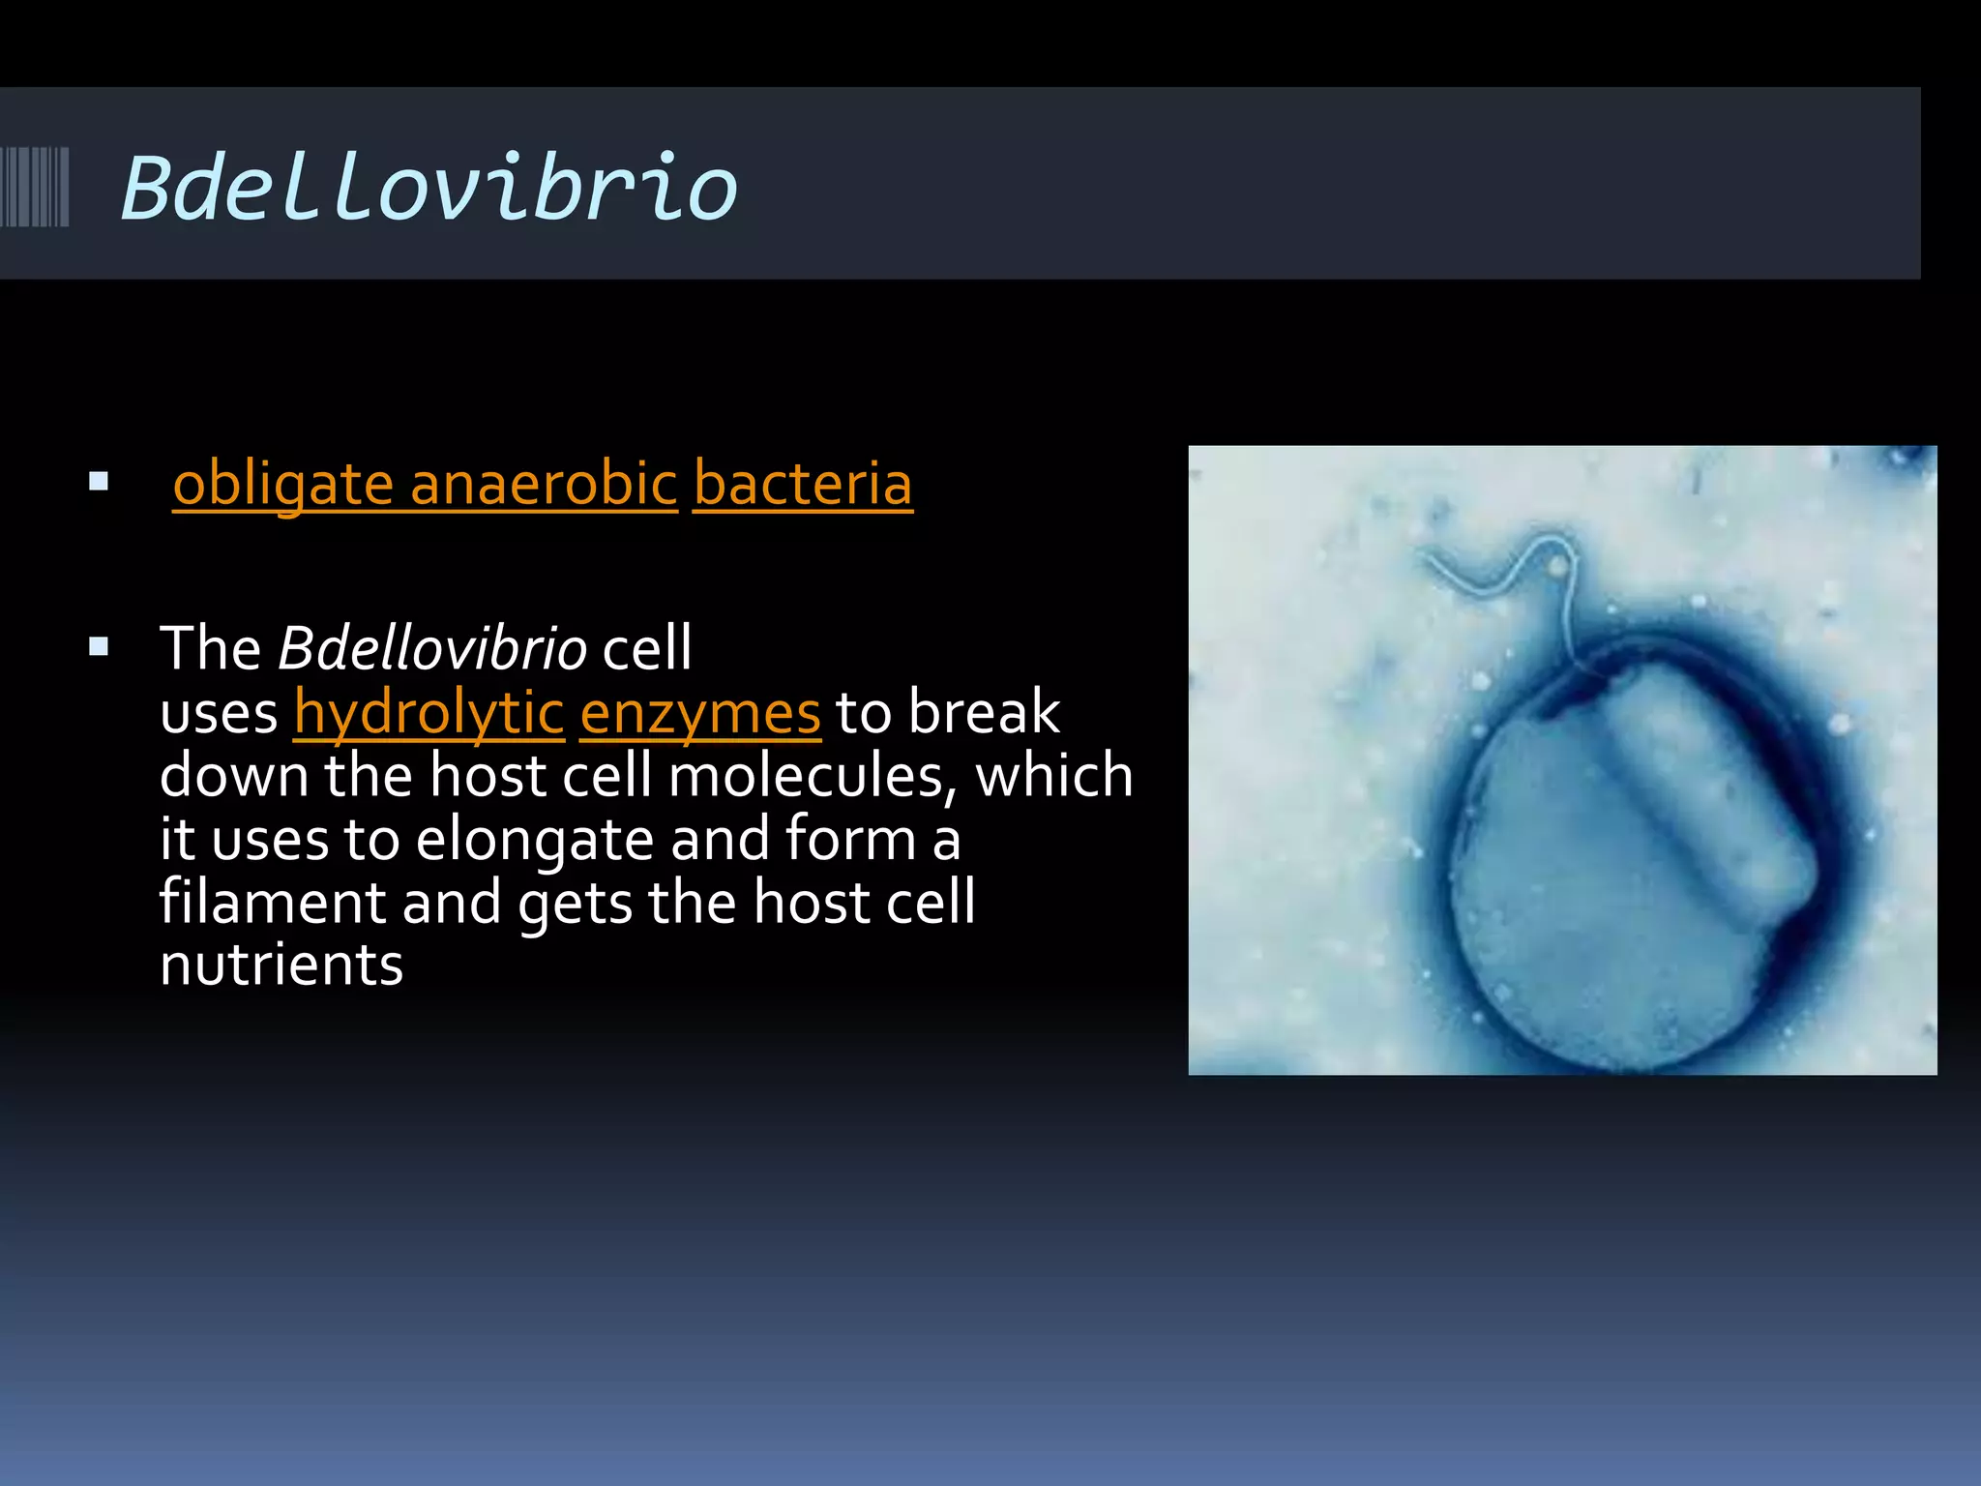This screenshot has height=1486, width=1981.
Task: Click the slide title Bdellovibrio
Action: (x=429, y=188)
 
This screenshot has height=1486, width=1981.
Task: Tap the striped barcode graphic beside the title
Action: (x=35, y=187)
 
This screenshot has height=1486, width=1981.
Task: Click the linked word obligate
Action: (x=282, y=484)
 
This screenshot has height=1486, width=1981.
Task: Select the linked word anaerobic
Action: (x=544, y=484)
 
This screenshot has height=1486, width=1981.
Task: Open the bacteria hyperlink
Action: (x=803, y=484)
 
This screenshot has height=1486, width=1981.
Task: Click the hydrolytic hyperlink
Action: (x=429, y=713)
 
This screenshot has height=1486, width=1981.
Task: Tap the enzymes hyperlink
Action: (x=700, y=713)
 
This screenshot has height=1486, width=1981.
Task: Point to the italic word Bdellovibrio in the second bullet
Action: (x=431, y=648)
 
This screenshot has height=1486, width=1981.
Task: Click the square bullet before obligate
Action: (x=98, y=482)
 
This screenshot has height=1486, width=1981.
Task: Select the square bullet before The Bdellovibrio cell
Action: (x=98, y=647)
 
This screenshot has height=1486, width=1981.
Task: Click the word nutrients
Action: (x=281, y=966)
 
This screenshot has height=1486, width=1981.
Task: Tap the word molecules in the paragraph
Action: (x=804, y=776)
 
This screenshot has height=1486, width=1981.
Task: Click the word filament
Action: (x=272, y=902)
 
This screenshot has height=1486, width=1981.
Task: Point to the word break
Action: (x=984, y=713)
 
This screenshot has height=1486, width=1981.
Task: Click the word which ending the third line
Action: (x=1053, y=776)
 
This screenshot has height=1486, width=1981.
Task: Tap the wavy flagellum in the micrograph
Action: (x=1509, y=571)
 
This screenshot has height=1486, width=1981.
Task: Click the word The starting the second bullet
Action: (x=210, y=648)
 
